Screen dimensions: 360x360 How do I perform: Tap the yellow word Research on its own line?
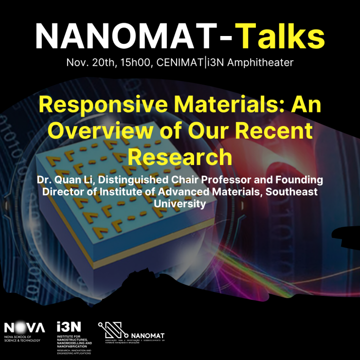coord(180,157)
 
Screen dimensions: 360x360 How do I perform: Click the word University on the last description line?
coord(180,203)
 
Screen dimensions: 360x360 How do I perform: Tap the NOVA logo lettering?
coord(24,327)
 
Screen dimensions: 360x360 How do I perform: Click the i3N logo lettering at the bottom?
coord(69,326)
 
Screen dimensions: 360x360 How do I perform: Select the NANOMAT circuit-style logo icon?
coord(114,332)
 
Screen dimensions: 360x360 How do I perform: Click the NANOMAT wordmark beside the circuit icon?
coord(148,335)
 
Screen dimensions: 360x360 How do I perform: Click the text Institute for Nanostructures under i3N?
coord(75,338)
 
